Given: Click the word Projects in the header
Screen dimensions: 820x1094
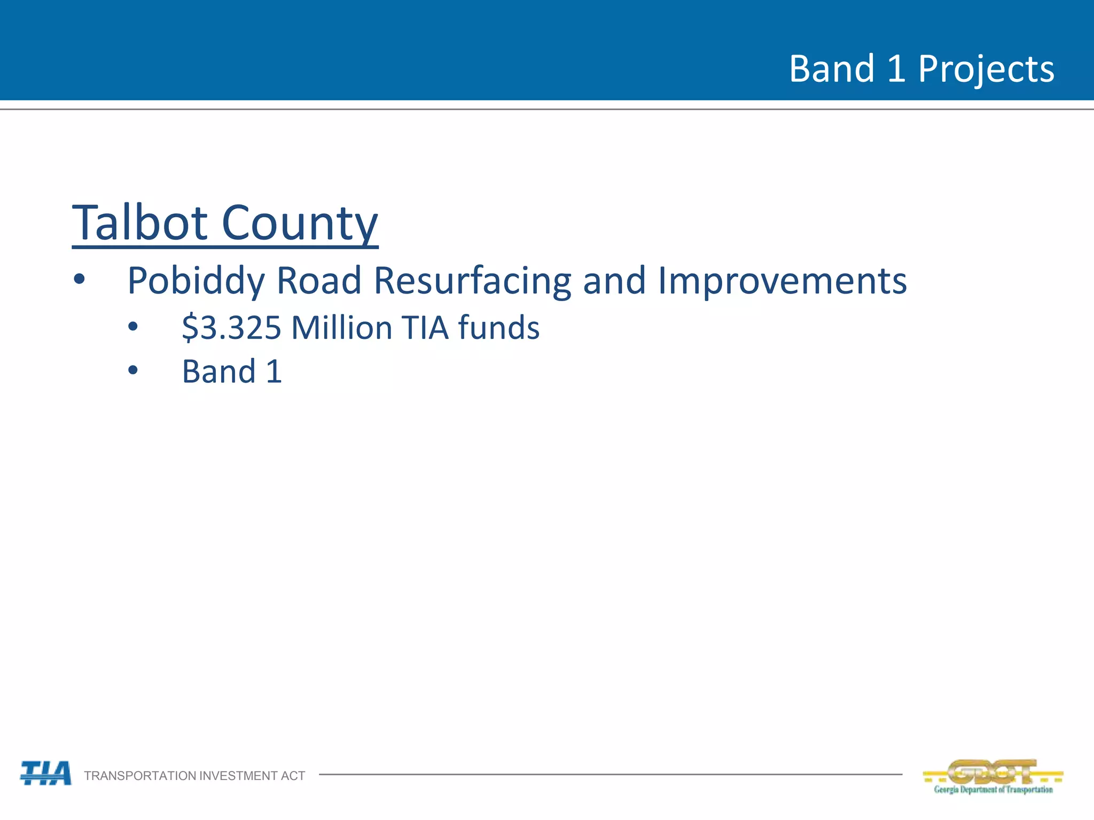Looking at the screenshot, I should point(986,69).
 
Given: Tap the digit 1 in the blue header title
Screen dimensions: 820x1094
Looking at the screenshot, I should point(896,69).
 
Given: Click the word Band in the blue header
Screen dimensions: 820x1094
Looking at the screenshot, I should point(832,69).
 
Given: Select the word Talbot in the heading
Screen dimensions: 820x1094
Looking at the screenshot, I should point(140,223).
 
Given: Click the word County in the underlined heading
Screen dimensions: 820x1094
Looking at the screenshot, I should point(300,223).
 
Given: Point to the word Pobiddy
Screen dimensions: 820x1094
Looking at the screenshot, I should point(196,281).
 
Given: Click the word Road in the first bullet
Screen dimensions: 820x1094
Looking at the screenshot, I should point(319,281).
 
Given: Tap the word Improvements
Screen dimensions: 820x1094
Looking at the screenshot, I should point(782,281).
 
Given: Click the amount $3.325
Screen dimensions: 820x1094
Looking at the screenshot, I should point(231,327).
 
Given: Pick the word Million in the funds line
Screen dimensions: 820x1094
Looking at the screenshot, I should point(342,327).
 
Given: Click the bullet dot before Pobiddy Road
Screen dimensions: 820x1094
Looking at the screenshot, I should point(80,279).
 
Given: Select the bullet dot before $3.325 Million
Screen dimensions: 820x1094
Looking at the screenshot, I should point(133,326).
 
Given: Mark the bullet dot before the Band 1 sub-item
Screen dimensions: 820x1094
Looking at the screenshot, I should point(133,370).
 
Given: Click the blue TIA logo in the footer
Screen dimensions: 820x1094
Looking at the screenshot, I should point(46,773).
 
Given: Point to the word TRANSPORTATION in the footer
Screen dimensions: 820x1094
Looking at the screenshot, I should point(140,776).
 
